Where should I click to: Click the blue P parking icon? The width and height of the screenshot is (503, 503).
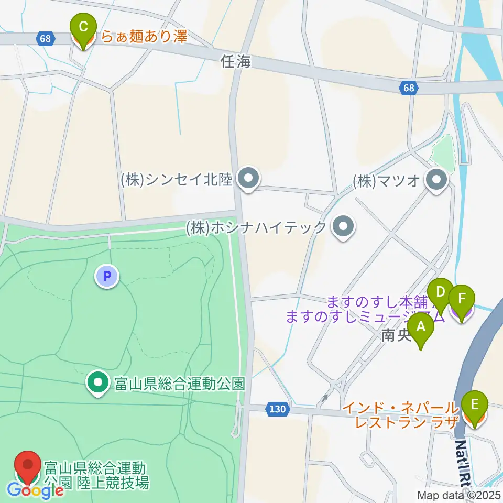pyautogui.click(x=107, y=276)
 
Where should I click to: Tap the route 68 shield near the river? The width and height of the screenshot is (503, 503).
pyautogui.click(x=409, y=89)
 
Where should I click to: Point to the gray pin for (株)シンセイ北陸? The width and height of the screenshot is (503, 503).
pyautogui.click(x=248, y=180)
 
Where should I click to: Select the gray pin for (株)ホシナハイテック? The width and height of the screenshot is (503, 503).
pyautogui.click(x=344, y=227)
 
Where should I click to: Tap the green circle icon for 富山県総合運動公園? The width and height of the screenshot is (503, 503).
pyautogui.click(x=98, y=383)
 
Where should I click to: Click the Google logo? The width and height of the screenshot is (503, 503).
pyautogui.click(x=36, y=491)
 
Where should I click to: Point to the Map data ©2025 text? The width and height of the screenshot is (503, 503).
pyautogui.click(x=458, y=495)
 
